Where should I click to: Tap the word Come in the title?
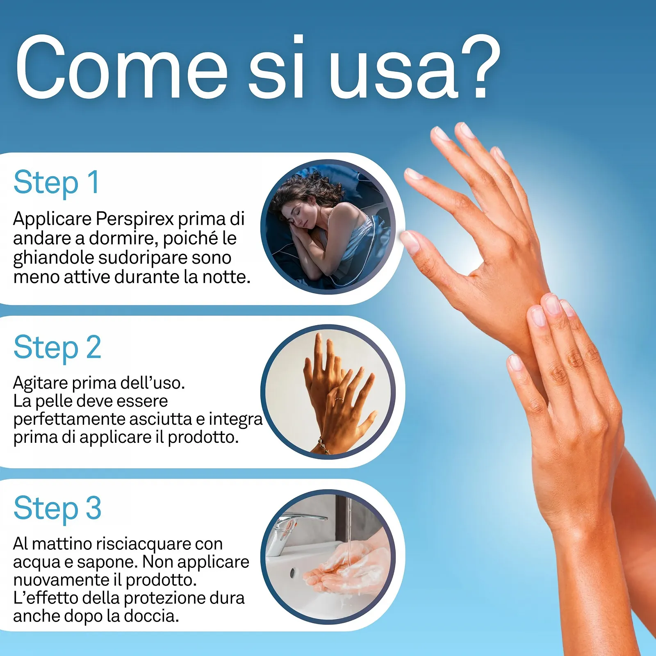121,67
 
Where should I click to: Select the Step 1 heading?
57,182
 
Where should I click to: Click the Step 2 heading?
57,348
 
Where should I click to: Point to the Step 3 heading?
57,508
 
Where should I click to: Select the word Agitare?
41,383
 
